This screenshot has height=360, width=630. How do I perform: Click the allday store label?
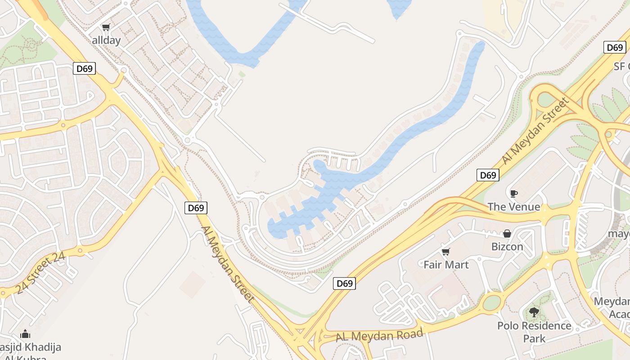[106, 40]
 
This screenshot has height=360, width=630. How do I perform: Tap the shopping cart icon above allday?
[106, 27]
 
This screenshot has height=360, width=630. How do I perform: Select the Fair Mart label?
[446, 265]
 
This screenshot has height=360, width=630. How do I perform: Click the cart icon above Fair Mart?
[445, 252]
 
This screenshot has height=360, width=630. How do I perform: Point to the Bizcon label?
[507, 247]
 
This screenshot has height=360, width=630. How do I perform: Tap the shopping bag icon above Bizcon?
[507, 234]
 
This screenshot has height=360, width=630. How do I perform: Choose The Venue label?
[513, 207]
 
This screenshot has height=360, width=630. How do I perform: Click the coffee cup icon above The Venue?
[513, 194]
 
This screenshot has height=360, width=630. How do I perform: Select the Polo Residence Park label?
[534, 332]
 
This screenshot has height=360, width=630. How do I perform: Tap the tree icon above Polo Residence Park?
[534, 312]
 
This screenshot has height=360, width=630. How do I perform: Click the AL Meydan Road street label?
[379, 335]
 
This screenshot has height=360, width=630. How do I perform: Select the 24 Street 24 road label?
[40, 274]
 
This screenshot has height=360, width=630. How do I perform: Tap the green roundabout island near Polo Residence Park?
[492, 302]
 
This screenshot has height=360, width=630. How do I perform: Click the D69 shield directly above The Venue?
[488, 175]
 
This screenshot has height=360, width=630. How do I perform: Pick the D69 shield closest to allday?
[84, 68]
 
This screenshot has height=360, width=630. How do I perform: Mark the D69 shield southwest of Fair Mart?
[344, 283]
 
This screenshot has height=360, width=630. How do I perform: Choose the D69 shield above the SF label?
[614, 47]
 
